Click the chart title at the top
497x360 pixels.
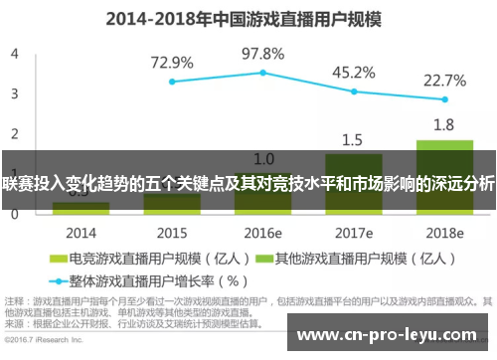click(x=248, y=17)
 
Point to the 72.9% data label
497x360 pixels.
click(x=172, y=63)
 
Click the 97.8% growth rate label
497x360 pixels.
click(x=263, y=53)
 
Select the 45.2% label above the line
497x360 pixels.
click(x=353, y=72)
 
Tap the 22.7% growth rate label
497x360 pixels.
click(x=444, y=80)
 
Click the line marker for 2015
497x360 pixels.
click(x=172, y=82)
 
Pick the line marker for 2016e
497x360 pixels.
click(x=263, y=73)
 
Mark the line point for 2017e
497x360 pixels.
click(x=354, y=90)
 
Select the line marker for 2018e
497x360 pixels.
click(x=444, y=99)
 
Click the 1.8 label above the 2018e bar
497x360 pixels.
click(x=444, y=125)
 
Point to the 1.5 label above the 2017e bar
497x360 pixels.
click(x=353, y=139)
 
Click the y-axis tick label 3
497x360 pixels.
click(x=14, y=92)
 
